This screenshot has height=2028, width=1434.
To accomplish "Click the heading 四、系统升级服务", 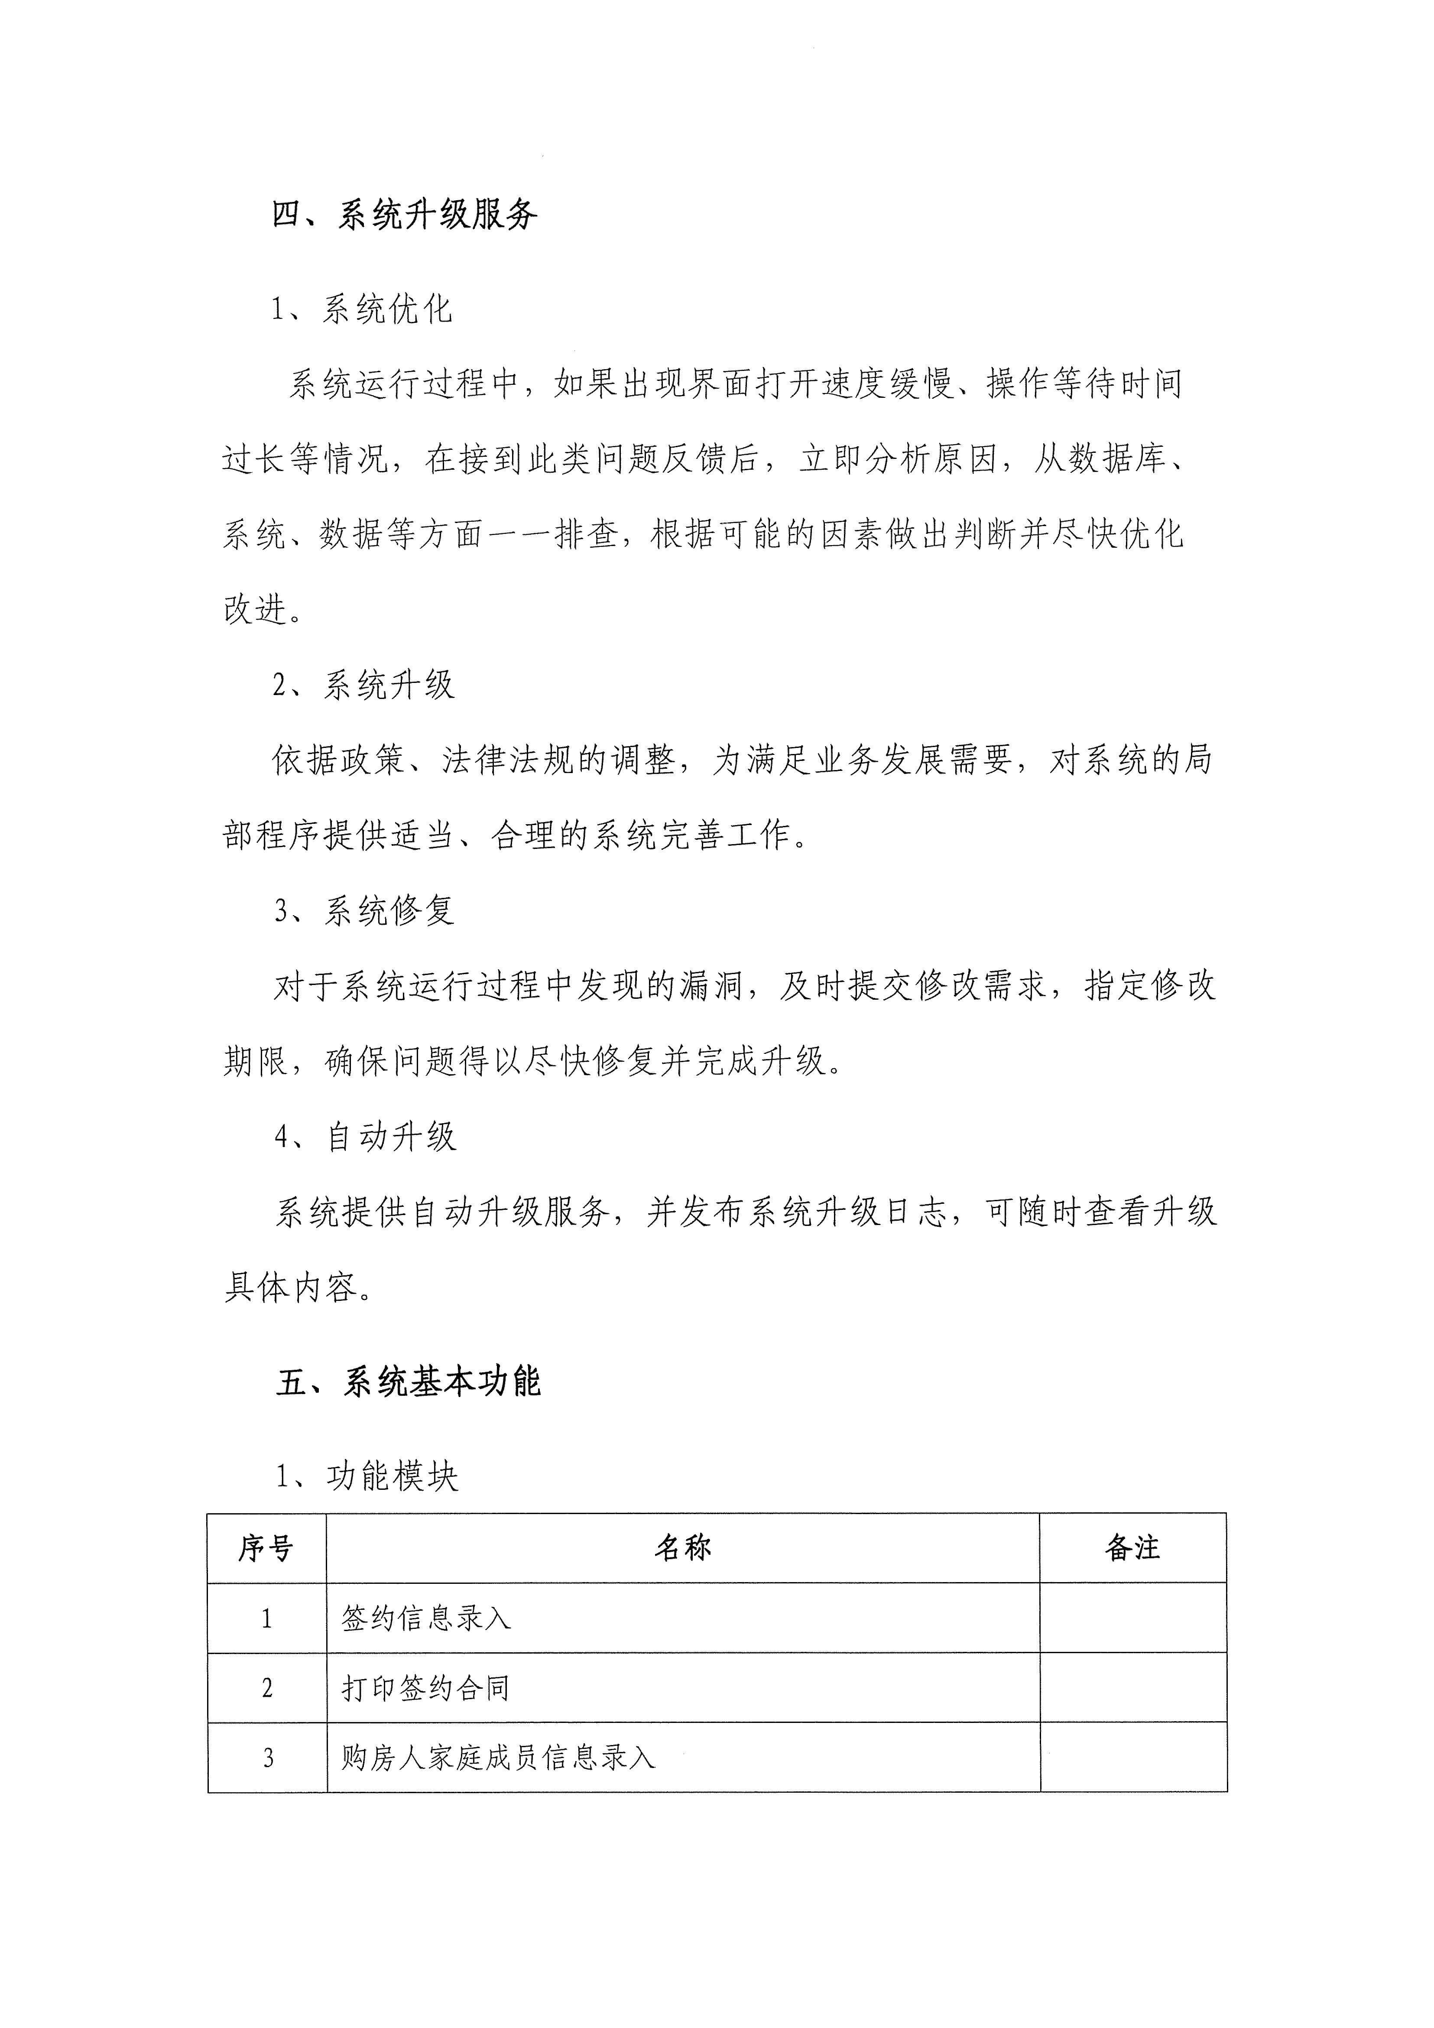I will click(404, 214).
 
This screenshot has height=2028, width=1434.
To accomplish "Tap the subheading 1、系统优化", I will click(362, 309).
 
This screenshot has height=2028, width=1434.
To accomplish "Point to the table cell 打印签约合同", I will click(425, 1688).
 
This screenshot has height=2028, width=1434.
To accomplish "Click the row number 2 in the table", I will click(267, 1688).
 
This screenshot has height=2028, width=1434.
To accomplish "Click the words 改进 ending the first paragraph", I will click(256, 609).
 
